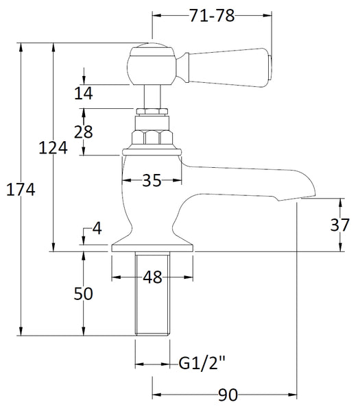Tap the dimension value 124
[x=53, y=148]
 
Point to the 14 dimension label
[x=83, y=94]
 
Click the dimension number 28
[x=83, y=132]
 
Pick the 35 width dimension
[x=152, y=181]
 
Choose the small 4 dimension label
[x=97, y=228]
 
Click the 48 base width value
[x=152, y=277]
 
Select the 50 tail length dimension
[x=83, y=293]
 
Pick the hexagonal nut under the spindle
[x=152, y=134]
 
